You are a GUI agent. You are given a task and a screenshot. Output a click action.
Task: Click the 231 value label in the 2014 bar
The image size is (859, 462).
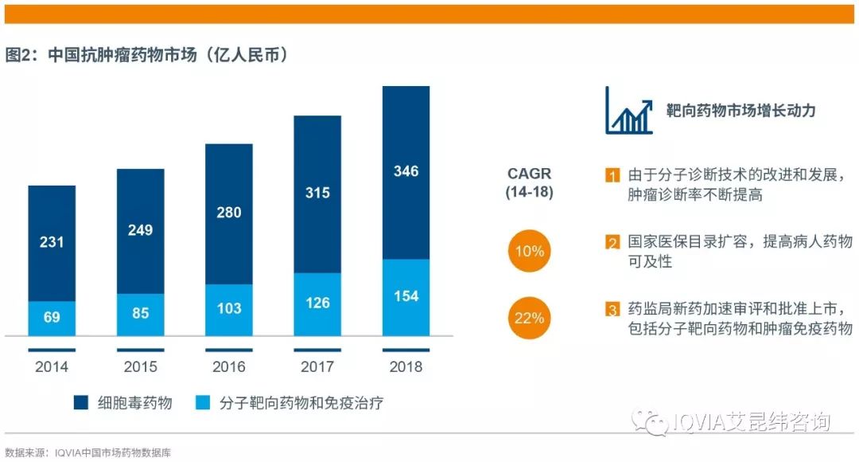point(52,242)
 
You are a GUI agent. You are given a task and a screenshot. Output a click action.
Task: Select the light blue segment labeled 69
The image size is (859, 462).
point(52,318)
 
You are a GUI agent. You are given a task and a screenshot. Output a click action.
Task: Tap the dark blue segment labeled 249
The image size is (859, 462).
point(141,230)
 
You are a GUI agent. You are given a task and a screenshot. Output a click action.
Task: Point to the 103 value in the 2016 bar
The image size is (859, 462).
point(229,308)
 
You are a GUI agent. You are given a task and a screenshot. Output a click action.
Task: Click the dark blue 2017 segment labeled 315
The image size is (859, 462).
point(317,192)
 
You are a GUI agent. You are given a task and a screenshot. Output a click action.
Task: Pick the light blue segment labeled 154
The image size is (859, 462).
point(406,296)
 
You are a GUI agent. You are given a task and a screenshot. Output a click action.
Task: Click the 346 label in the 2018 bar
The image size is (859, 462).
point(406,171)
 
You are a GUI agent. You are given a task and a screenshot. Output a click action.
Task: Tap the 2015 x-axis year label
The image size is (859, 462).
point(141,367)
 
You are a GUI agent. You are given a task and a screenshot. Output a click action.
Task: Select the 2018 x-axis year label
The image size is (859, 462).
point(406,367)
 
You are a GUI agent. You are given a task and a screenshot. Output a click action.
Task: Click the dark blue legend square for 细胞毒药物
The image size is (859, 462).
point(81,403)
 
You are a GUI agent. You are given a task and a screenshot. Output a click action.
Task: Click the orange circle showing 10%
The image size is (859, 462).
point(529,252)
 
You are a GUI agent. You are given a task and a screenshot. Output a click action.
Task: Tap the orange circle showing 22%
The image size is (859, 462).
point(529,318)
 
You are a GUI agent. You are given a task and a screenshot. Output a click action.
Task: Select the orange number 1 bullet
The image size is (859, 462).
point(612,175)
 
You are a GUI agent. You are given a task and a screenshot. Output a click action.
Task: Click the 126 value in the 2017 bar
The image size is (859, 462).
point(317,303)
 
